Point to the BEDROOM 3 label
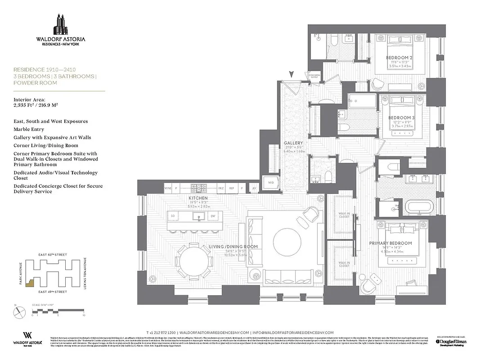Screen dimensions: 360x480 click(x=401, y=118)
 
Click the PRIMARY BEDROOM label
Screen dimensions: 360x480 click(x=390, y=243)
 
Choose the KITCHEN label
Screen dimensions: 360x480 click(x=198, y=198)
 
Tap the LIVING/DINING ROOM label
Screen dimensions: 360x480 click(x=233, y=247)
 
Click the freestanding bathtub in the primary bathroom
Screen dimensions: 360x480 click(x=422, y=207)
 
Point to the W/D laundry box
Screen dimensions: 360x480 click(x=271, y=183)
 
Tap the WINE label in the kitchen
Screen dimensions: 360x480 click(x=168, y=188)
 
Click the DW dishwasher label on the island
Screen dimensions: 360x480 click(x=212, y=216)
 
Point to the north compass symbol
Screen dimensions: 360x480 click(x=18, y=311)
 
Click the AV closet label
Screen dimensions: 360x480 click(x=255, y=188)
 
